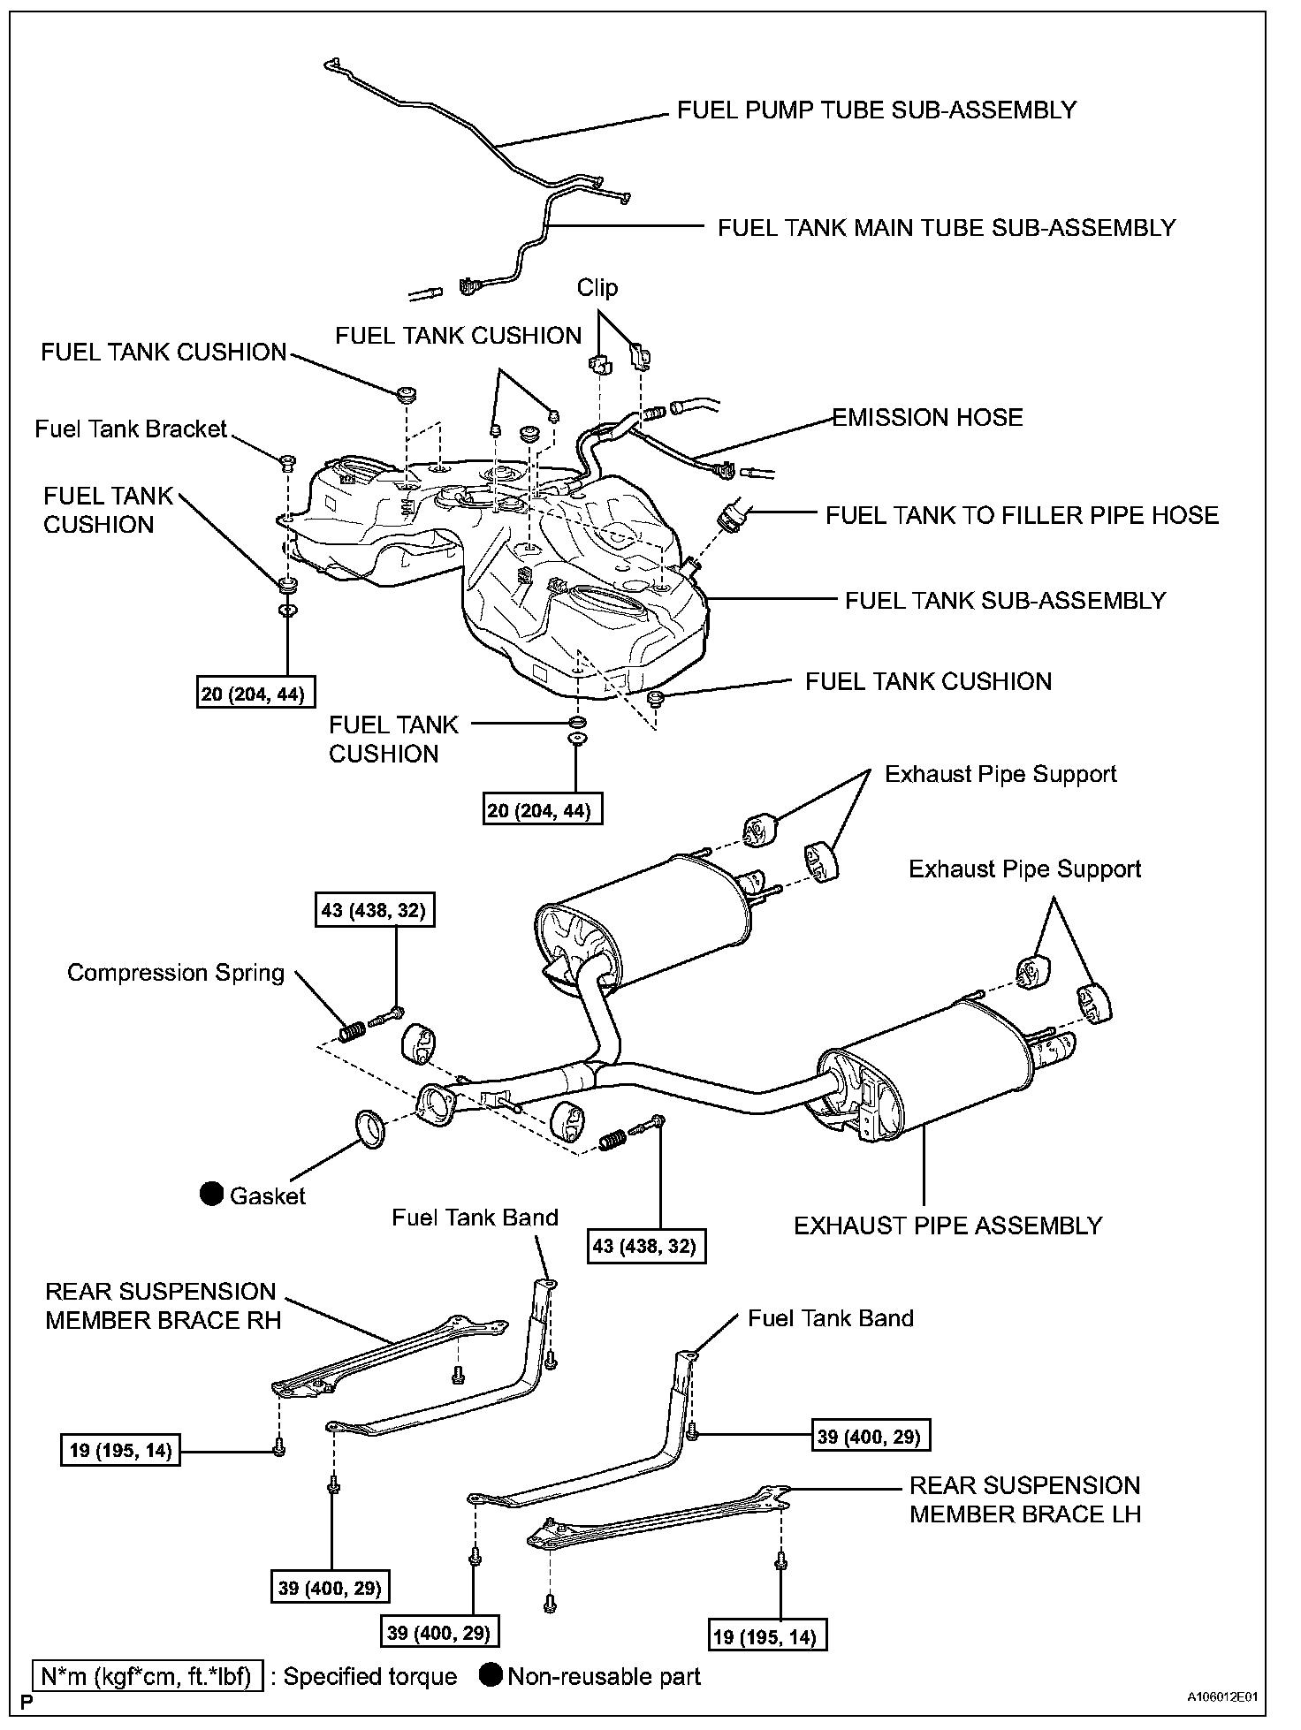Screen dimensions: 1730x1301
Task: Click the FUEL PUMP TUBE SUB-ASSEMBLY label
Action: pos(876,110)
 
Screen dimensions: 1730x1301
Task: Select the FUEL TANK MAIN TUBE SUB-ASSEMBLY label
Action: pos(946,228)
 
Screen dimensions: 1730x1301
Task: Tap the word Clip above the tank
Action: pos(597,288)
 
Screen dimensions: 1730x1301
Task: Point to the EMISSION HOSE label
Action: pos(927,418)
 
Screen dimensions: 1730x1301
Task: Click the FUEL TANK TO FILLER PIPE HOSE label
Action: pos(1022,516)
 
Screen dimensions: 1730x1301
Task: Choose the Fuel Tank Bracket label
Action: pos(131,429)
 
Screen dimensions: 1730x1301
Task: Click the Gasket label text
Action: pos(267,1196)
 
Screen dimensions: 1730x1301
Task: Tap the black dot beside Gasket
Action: pos(211,1195)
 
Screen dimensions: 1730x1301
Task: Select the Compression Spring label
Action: pos(176,974)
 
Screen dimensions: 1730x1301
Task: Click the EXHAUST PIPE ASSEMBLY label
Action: pos(947,1226)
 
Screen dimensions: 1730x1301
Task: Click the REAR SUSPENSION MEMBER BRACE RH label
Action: pos(163,1306)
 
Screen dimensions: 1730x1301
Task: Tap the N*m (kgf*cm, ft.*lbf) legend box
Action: pos(147,1676)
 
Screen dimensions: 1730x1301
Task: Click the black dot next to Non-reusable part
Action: pos(491,1675)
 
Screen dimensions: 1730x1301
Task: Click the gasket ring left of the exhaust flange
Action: pos(371,1128)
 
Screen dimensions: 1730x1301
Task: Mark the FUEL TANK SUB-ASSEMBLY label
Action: pos(1005,601)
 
